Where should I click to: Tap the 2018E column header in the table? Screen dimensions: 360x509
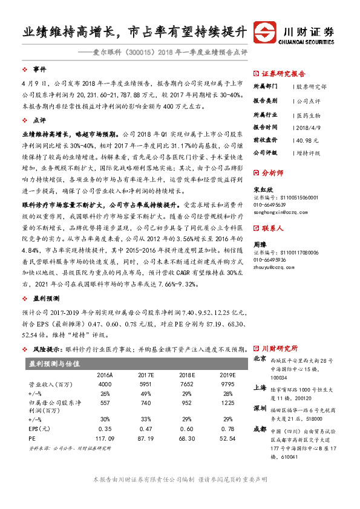[186, 374]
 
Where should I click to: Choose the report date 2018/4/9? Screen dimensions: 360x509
[309, 127]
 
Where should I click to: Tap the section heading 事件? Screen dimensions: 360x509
[39, 68]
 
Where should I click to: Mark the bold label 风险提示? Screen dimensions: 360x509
[46, 349]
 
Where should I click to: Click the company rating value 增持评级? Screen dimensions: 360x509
[309, 154]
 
